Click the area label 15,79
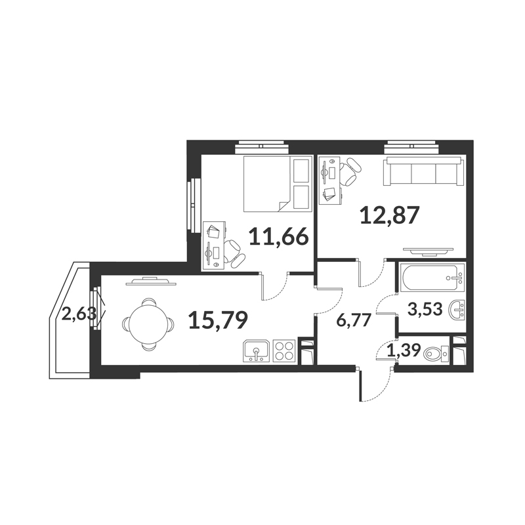218,320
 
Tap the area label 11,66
278,237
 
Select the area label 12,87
390,215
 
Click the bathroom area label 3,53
425,309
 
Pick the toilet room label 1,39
404,350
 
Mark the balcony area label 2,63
79,314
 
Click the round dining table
148,324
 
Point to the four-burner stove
284,350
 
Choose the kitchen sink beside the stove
257,350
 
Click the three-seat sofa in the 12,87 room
424,171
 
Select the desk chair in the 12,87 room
352,172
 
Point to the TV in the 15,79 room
151,282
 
